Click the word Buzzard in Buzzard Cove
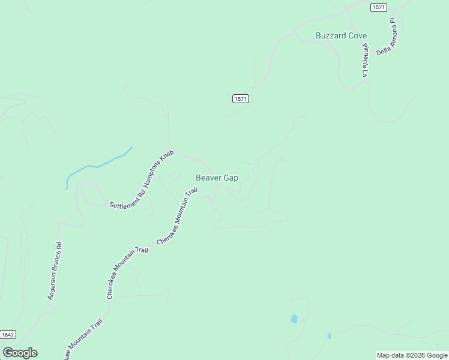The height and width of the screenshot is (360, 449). (x=332, y=36)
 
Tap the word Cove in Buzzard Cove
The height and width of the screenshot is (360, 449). (x=358, y=36)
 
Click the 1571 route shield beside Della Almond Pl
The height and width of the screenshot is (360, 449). (x=378, y=7)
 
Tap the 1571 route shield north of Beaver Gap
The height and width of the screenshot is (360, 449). (x=240, y=98)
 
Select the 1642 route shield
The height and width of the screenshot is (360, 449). (x=8, y=334)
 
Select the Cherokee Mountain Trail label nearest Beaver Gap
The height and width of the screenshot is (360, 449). (x=177, y=216)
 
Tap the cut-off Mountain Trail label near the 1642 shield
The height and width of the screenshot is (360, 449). (x=84, y=339)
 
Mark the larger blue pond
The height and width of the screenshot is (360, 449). (x=294, y=319)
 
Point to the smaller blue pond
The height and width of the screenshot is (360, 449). (x=329, y=336)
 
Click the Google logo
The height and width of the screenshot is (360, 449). (x=20, y=353)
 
